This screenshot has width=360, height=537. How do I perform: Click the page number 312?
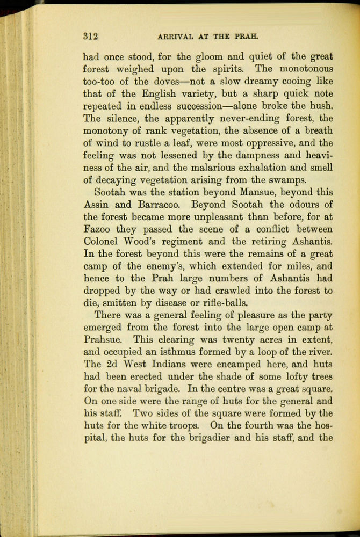tap(90, 37)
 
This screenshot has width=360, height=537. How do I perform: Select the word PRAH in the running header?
tap(248, 37)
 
